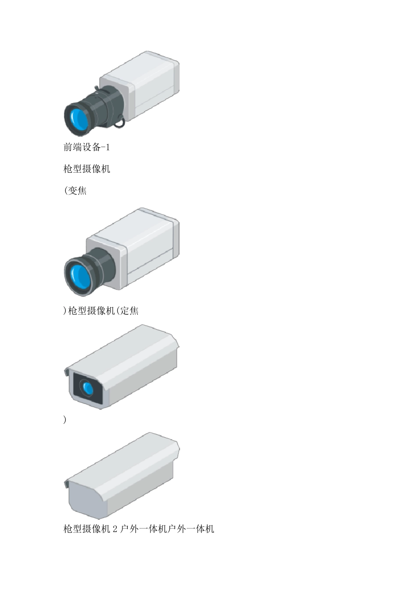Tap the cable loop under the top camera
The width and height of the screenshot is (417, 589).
tap(119, 125)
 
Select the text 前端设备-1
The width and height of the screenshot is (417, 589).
tap(86, 147)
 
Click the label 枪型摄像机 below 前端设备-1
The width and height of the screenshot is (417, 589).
tap(86, 169)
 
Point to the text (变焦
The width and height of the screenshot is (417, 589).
tap(75, 191)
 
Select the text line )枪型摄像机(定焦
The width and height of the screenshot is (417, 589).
tap(101, 311)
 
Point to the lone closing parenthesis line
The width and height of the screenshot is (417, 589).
tap(65, 420)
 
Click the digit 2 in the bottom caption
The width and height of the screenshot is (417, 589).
tap(115, 529)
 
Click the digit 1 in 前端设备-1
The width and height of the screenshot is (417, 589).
tap(108, 147)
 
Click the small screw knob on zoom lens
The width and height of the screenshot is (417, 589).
tap(96, 89)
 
